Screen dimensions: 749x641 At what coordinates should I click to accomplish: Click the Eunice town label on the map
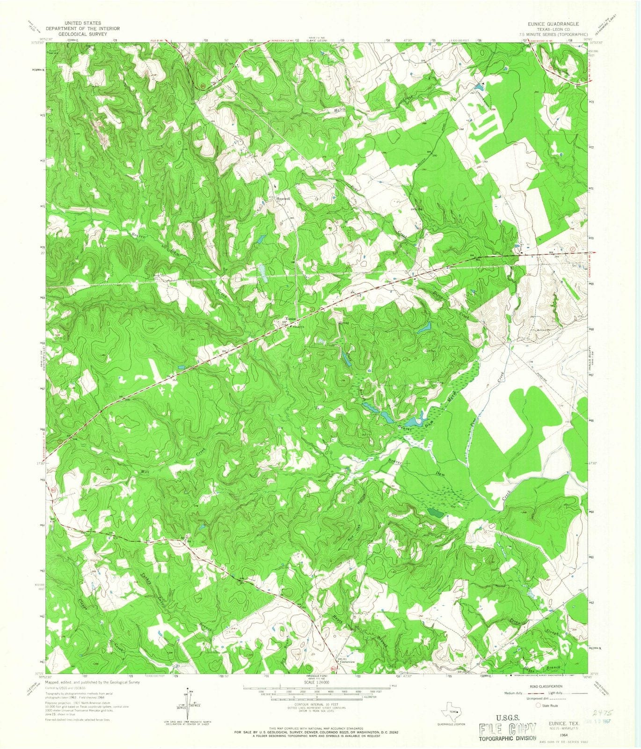pos(291,319)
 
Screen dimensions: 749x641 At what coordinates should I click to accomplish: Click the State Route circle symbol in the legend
pos(538,705)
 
